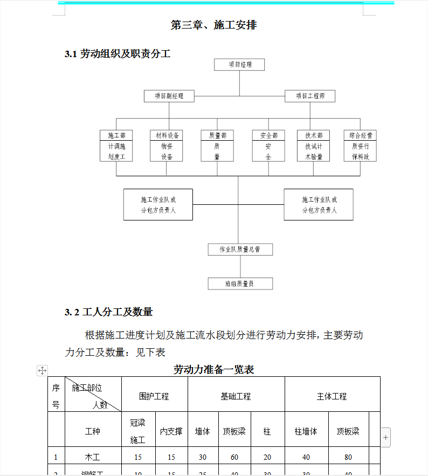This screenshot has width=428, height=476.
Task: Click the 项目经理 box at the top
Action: (x=240, y=65)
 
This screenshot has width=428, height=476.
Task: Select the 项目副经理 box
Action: (x=169, y=96)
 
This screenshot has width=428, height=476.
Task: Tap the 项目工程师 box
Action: (x=310, y=96)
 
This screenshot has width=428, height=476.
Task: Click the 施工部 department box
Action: (x=116, y=146)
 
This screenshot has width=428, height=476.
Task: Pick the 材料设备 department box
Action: (x=167, y=146)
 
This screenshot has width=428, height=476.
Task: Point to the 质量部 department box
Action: (x=217, y=146)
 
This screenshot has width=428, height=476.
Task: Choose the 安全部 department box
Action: (x=268, y=146)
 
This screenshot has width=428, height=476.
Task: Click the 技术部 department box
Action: (x=314, y=146)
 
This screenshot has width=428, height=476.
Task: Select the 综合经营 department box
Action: (x=360, y=146)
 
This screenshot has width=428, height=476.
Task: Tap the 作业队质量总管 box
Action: (x=240, y=250)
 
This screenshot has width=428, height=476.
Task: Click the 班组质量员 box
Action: (x=240, y=284)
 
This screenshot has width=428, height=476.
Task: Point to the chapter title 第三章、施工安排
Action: (x=213, y=25)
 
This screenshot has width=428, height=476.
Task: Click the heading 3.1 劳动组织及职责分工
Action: (x=118, y=53)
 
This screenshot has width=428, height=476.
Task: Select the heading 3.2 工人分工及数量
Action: (x=109, y=312)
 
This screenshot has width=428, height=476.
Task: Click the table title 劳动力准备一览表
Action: (x=213, y=369)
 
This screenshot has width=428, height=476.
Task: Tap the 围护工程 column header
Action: (x=154, y=396)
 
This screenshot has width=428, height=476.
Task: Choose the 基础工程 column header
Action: (x=236, y=396)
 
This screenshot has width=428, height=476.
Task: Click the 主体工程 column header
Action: (x=332, y=396)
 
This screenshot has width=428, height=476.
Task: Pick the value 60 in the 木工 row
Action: (x=234, y=457)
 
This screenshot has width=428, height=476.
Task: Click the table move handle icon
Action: (x=42, y=370)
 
